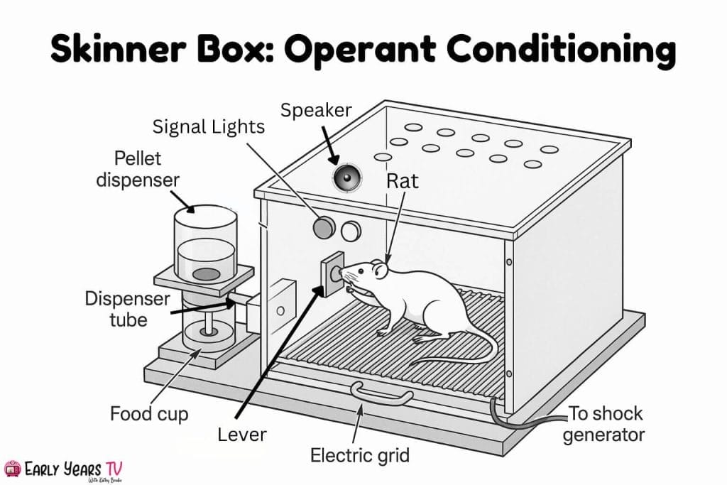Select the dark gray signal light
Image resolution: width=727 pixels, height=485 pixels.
coord(324,227)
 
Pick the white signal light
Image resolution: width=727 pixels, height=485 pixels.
coord(351,230)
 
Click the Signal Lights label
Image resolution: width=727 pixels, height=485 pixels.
coord(209,128)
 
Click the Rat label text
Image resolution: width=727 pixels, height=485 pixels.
coord(402,181)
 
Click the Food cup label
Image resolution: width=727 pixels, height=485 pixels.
coord(148,413)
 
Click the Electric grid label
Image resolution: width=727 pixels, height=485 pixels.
coord(360,454)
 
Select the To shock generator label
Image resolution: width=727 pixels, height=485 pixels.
coord(603,423)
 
